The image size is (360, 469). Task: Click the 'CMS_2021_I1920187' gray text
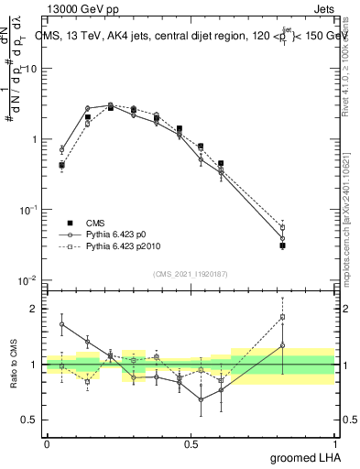[191, 274]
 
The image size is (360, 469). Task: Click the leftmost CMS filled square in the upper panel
[61, 166]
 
